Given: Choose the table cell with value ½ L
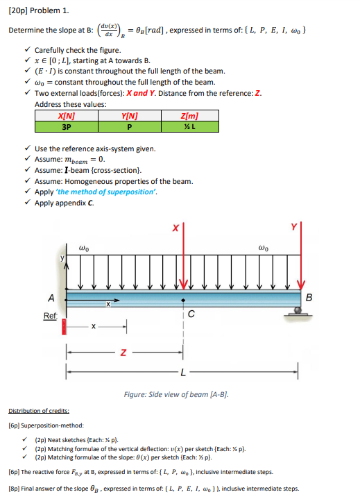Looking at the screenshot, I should click(x=189, y=126).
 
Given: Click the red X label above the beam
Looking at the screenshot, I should click(x=175, y=227).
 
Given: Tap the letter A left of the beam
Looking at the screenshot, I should click(x=51, y=298).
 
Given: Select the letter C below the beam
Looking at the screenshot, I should click(x=190, y=314).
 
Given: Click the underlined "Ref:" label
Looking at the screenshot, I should click(x=50, y=315).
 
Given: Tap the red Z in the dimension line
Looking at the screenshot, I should click(x=123, y=352).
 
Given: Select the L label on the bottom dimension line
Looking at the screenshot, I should click(x=182, y=373).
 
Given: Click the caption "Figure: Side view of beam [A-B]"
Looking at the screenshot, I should click(x=175, y=394).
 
